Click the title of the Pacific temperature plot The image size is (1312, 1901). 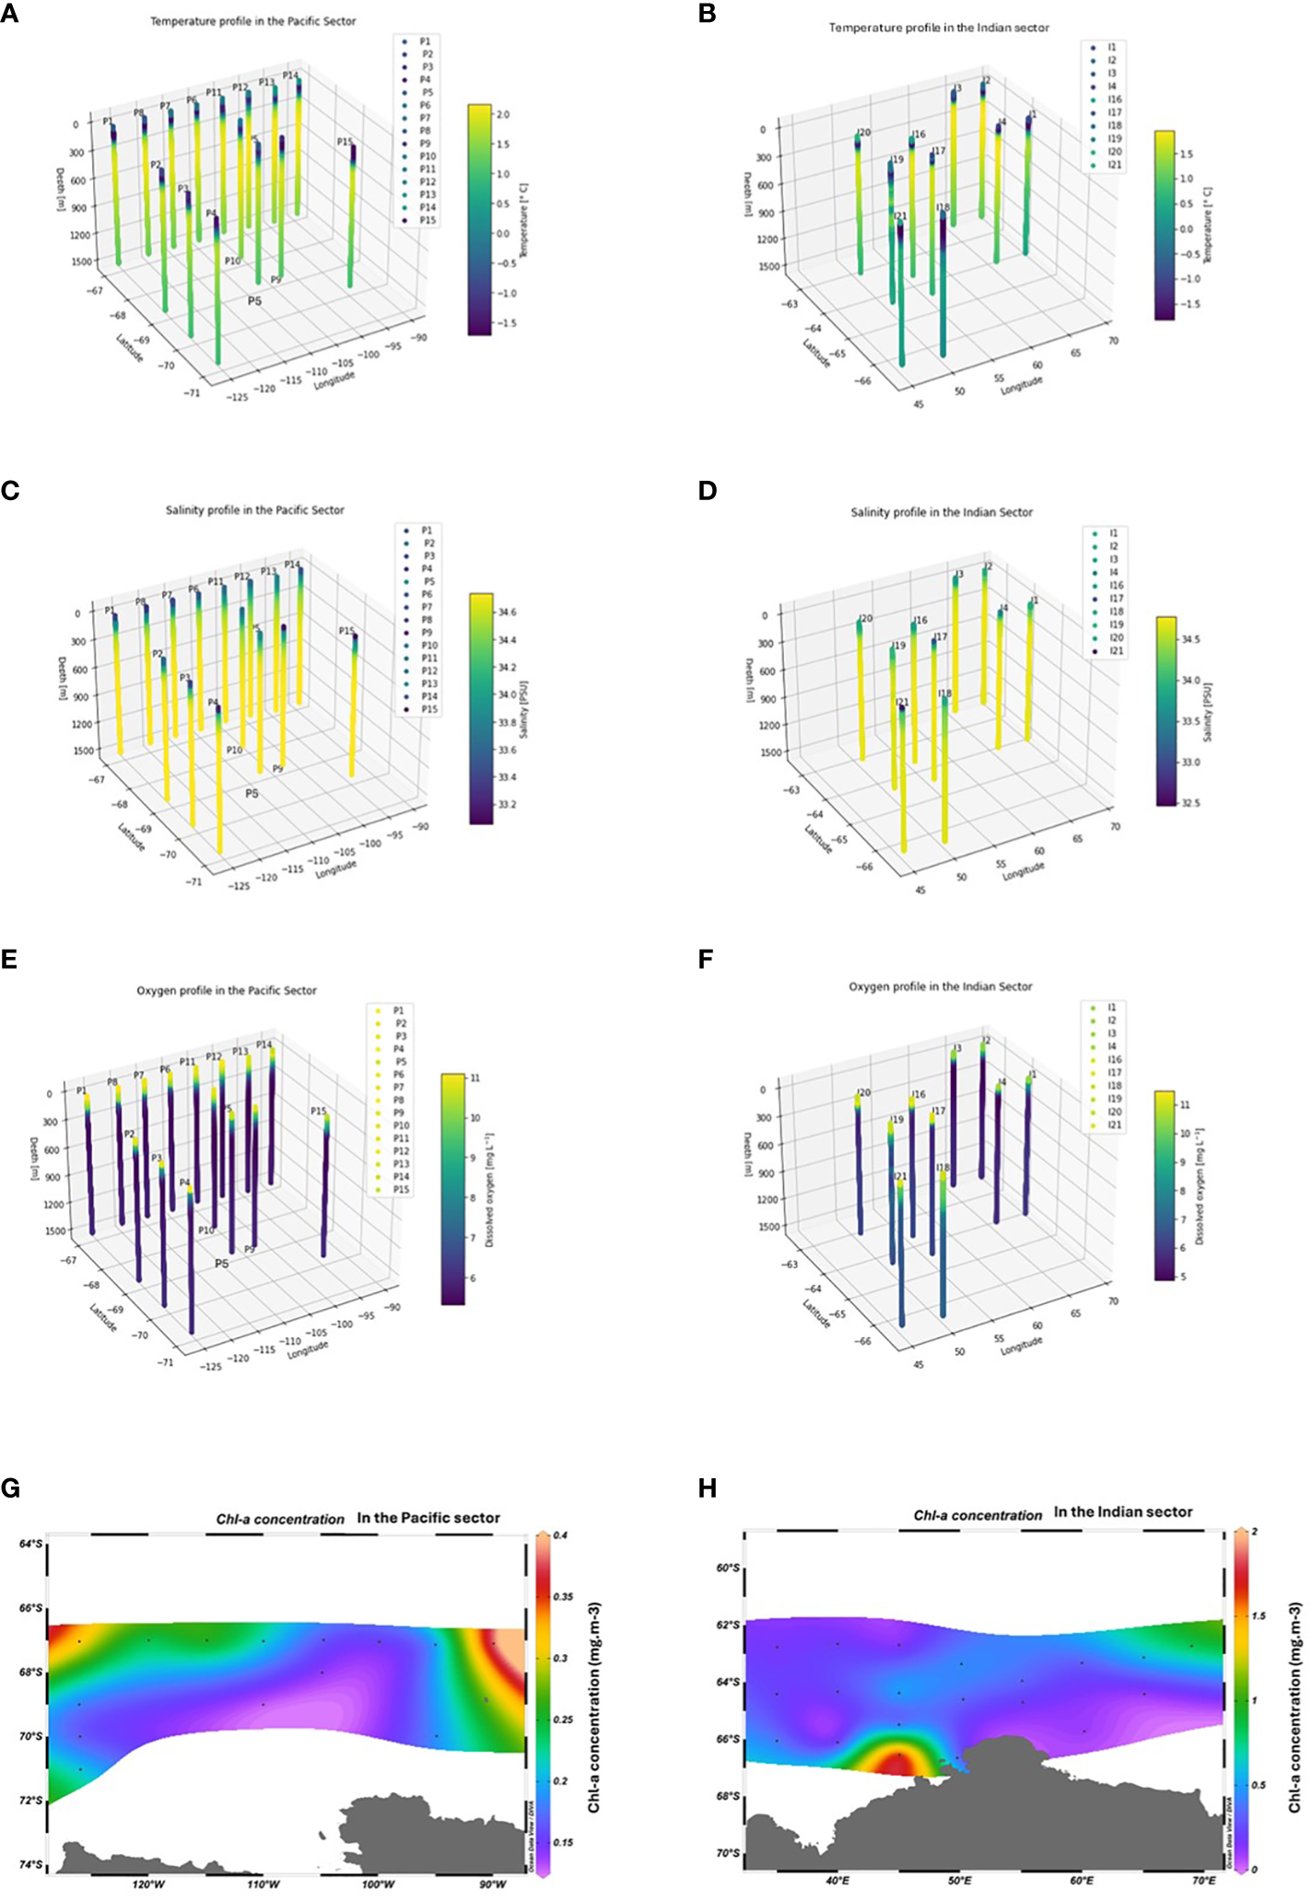(x=252, y=21)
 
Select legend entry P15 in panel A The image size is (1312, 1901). (x=428, y=220)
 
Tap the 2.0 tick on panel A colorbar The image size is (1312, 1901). (x=504, y=115)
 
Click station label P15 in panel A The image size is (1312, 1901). (x=344, y=142)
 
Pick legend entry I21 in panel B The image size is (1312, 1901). (x=1115, y=165)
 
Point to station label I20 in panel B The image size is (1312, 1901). (x=862, y=133)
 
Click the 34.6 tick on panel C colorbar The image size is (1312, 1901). (x=507, y=612)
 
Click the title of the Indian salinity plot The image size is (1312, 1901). (x=941, y=512)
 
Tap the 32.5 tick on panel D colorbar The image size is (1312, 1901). (x=1191, y=803)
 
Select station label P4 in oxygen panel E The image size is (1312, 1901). (x=184, y=1183)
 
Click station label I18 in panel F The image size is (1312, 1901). (x=943, y=1168)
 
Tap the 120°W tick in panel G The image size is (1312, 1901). (x=147, y=1884)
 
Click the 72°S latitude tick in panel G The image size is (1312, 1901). (x=30, y=1801)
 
